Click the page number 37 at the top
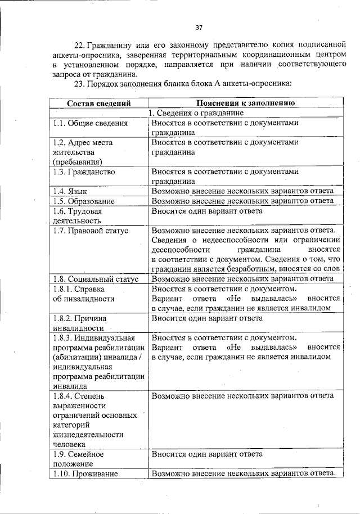click(199, 28)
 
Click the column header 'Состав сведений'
click(99, 103)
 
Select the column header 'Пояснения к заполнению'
click(243, 103)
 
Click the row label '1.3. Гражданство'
click(84, 172)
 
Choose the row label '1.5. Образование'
click(84, 201)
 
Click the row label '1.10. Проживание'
click(85, 474)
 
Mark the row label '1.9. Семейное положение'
click(79, 458)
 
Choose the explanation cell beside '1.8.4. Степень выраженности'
click(242, 395)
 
